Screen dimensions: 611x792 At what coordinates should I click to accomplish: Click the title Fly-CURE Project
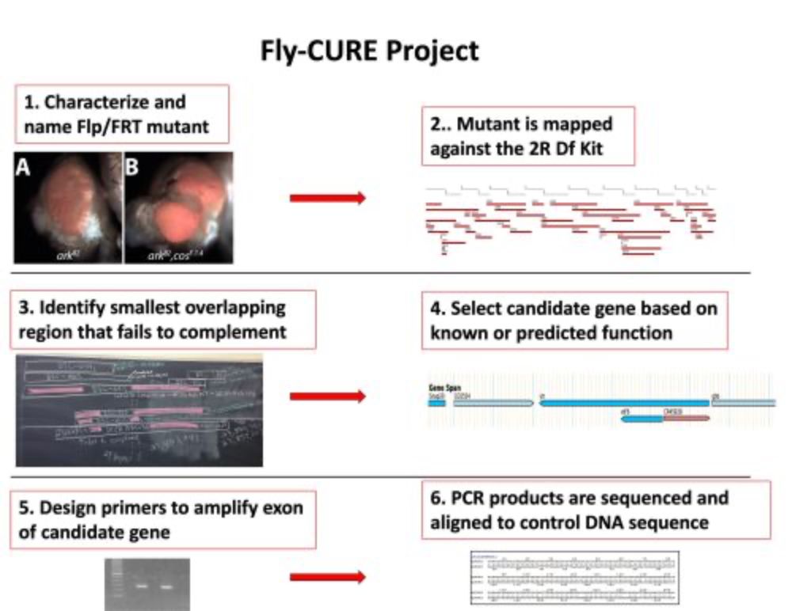(x=370, y=51)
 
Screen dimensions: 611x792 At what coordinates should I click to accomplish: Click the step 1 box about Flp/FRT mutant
(x=121, y=113)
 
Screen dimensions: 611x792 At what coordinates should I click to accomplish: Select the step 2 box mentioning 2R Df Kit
(x=527, y=135)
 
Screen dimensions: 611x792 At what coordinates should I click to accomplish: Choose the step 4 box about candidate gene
(x=574, y=320)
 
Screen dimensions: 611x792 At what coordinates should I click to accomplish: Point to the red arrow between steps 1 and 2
(x=327, y=198)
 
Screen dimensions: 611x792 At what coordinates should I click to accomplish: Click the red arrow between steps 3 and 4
(x=327, y=396)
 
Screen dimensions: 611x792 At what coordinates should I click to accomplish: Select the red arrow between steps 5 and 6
(x=327, y=579)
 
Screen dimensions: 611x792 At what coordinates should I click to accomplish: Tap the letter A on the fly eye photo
(x=24, y=167)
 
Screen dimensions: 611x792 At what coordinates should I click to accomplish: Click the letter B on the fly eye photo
(x=132, y=167)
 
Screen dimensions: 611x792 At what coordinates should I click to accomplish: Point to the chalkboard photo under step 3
(x=139, y=410)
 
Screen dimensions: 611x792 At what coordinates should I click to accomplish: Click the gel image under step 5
(x=147, y=585)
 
